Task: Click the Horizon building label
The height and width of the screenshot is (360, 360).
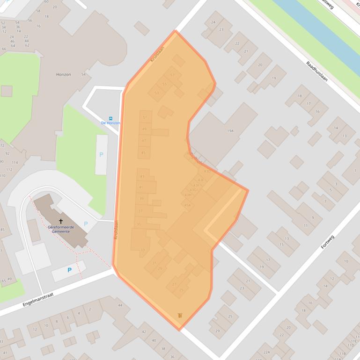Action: coord(63,74)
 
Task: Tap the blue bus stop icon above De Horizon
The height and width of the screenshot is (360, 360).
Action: coord(110,118)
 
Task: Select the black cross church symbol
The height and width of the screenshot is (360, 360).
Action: coord(60,221)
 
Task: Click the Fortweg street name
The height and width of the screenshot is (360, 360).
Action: coord(328,242)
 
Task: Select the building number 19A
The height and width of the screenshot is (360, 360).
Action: coord(230,131)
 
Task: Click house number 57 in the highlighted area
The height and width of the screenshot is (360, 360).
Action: coord(172,75)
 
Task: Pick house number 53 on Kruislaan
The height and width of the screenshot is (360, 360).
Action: coord(157,93)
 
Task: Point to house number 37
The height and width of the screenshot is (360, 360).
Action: coord(140,211)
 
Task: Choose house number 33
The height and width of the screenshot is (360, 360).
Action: coord(143,250)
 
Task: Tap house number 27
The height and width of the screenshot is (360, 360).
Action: coord(174,284)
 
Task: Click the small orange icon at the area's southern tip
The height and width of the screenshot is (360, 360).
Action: coord(180,316)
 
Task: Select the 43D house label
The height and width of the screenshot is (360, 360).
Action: coord(207,171)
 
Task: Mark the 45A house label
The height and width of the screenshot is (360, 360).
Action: coord(187,205)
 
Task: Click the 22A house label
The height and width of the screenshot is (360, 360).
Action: coord(266,352)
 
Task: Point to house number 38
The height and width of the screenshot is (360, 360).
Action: coord(163,348)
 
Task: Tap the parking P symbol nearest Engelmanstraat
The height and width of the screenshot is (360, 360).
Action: coord(69,270)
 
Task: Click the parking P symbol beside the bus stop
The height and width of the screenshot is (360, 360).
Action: coord(101,154)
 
